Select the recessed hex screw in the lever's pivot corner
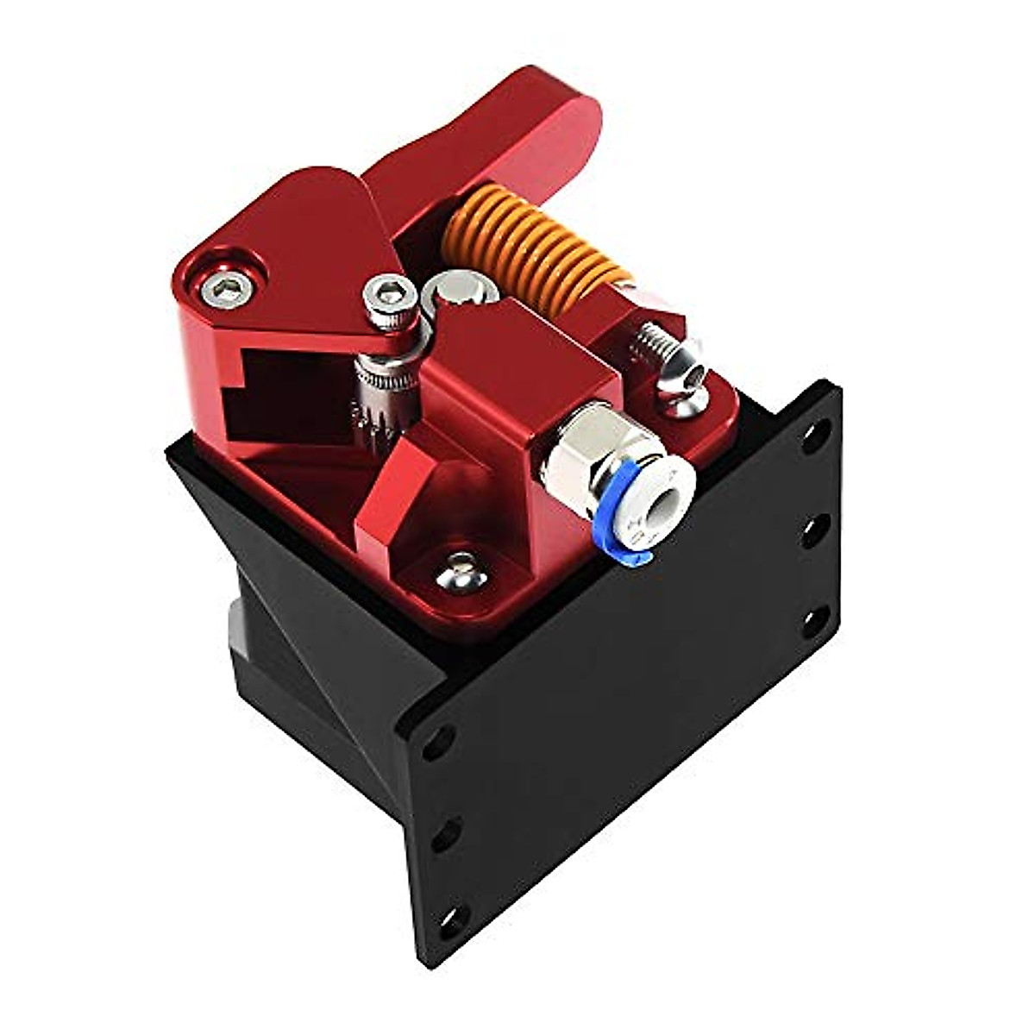229,287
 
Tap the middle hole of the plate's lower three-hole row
443,831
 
